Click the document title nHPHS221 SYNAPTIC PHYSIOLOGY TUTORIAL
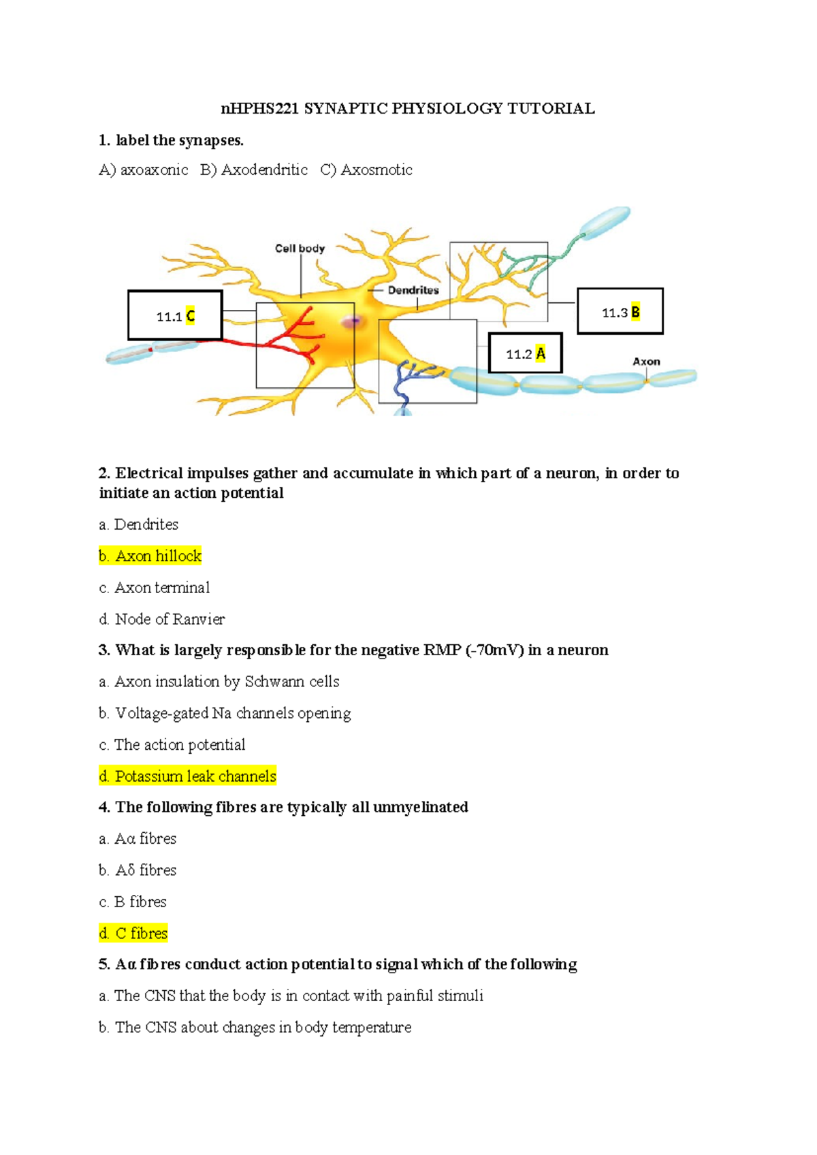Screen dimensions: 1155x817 (408, 108)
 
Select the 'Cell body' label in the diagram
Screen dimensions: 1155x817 (300, 249)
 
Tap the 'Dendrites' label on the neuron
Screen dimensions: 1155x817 (413, 290)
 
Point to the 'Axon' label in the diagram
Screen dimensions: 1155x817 (646, 362)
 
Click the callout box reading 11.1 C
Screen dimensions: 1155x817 (175, 315)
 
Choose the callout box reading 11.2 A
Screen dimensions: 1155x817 (525, 353)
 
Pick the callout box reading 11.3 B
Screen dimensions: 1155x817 (620, 312)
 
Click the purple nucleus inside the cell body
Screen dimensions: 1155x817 (352, 321)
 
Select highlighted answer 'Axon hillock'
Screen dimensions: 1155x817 (150, 556)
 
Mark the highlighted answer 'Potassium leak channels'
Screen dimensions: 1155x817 (187, 776)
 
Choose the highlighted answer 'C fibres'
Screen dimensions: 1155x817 (133, 933)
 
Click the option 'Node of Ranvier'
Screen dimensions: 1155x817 (162, 619)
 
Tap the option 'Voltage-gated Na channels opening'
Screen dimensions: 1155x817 (225, 713)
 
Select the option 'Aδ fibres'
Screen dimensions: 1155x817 (138, 870)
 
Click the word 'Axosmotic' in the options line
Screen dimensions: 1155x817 (376, 170)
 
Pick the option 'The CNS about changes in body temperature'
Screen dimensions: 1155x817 (255, 1027)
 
